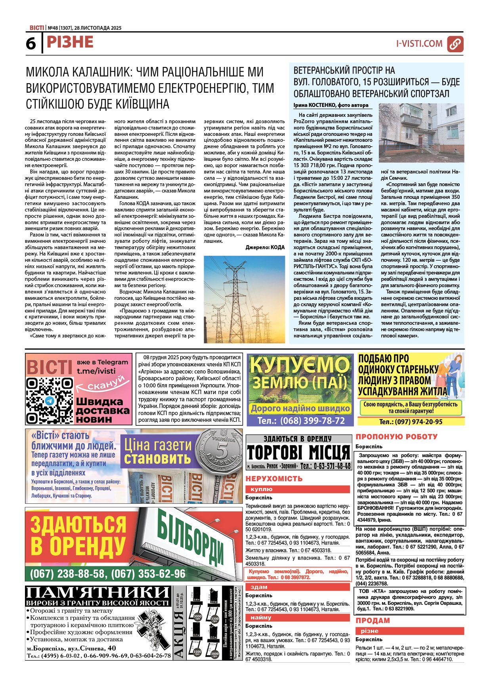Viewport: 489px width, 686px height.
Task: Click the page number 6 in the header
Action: click(31, 44)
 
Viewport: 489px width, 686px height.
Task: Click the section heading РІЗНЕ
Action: click(70, 42)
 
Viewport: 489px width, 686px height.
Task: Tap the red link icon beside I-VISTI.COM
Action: click(455, 44)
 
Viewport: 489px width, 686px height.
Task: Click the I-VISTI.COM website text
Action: click(419, 44)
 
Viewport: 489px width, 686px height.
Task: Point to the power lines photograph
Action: click(244, 299)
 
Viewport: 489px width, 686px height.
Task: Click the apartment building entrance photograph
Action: click(421, 133)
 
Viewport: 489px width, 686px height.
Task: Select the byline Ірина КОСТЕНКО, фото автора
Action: click(331, 105)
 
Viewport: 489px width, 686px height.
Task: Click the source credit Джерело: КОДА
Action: click(265, 247)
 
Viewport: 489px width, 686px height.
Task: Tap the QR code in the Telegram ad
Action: click(50, 401)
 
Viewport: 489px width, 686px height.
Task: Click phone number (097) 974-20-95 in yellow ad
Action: click(411, 422)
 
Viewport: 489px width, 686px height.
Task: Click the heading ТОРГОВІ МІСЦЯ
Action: click(298, 452)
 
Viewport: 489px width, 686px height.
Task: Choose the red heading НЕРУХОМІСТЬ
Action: click(274, 478)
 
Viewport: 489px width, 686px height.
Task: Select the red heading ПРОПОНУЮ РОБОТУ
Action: click(396, 436)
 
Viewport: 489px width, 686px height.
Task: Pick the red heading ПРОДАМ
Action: click(372, 620)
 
